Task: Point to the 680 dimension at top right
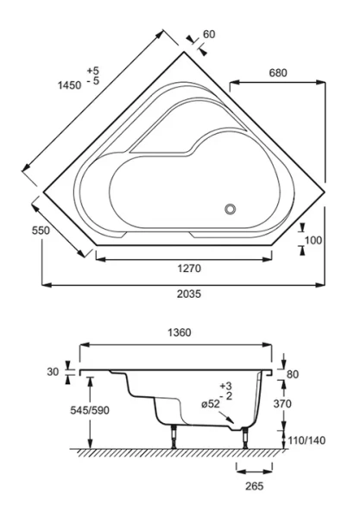tap(278, 74)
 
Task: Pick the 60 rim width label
tap(208, 35)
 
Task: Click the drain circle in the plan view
tap(231, 209)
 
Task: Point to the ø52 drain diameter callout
tap(211, 405)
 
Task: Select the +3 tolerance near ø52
tap(226, 385)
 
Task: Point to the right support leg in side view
tap(249, 436)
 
